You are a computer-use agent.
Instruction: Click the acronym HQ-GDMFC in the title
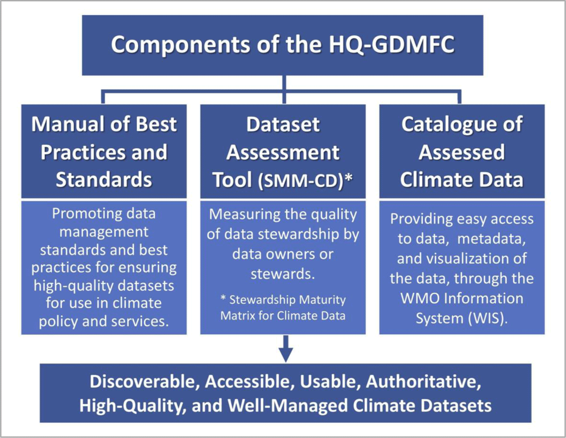[392, 44]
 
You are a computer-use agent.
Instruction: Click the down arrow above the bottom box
[286, 349]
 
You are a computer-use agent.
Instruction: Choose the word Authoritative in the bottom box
[424, 382]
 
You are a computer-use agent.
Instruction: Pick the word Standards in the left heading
[104, 180]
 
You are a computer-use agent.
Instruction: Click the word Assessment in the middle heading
[283, 152]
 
